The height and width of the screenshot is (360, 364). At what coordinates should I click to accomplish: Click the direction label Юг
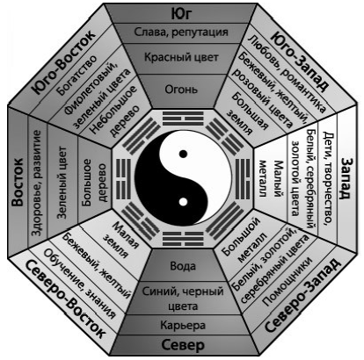[181, 14]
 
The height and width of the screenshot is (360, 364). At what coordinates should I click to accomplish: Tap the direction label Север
[183, 345]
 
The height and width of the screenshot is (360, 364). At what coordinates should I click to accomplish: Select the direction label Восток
[18, 182]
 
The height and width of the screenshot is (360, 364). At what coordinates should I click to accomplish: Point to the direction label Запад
[346, 178]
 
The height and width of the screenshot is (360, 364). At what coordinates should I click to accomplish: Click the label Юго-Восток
[64, 61]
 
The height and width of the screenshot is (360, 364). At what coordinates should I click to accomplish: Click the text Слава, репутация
[181, 32]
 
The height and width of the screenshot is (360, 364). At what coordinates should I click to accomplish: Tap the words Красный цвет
[181, 57]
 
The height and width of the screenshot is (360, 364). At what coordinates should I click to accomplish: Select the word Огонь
[181, 90]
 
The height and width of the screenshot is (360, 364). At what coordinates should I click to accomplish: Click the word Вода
[183, 266]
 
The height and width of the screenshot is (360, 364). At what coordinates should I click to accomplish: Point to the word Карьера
[183, 325]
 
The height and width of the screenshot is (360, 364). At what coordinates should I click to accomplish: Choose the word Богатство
[77, 75]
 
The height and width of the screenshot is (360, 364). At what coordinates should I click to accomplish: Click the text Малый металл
[271, 179]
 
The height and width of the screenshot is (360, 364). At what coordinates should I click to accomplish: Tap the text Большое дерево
[94, 183]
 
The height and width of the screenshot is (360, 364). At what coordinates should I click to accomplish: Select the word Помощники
[287, 282]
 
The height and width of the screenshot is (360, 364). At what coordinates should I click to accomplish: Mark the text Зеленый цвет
[62, 183]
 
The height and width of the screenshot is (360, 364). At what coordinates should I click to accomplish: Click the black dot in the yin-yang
[183, 154]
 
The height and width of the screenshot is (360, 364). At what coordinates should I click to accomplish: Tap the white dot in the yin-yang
[183, 202]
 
